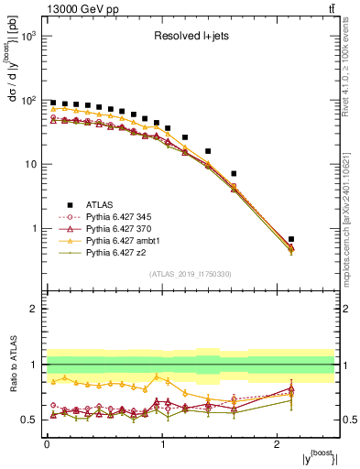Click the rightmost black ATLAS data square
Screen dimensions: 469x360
(290, 239)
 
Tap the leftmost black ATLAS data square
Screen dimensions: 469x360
(53, 104)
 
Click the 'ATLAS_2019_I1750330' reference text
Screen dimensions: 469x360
(191, 274)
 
